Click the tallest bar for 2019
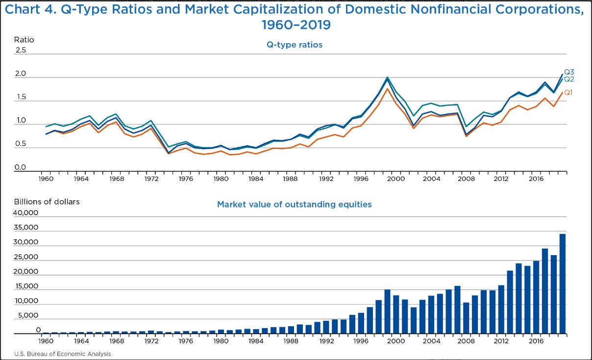[563, 284]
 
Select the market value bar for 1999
[387, 312]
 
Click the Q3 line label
[569, 72]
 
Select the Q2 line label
[569, 79]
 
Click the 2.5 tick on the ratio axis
[21, 51]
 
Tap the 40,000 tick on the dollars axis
[28, 213]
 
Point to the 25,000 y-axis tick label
[28, 257]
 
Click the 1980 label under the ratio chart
[221, 179]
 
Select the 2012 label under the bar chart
[501, 341]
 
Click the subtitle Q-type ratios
[294, 45]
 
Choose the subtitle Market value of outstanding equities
[294, 204]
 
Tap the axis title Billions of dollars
[47, 202]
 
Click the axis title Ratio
[24, 40]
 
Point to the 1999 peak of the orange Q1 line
[387, 89]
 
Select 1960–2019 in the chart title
[296, 25]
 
